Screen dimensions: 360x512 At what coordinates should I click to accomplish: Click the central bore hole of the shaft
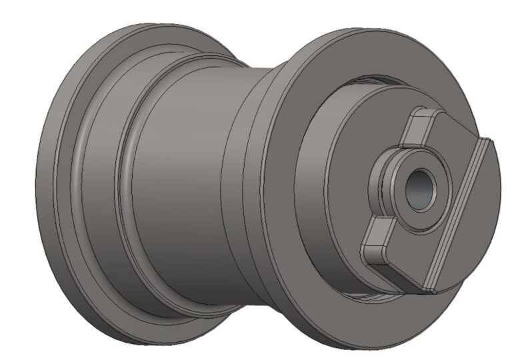419,190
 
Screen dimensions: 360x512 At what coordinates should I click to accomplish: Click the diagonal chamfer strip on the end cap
461,213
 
